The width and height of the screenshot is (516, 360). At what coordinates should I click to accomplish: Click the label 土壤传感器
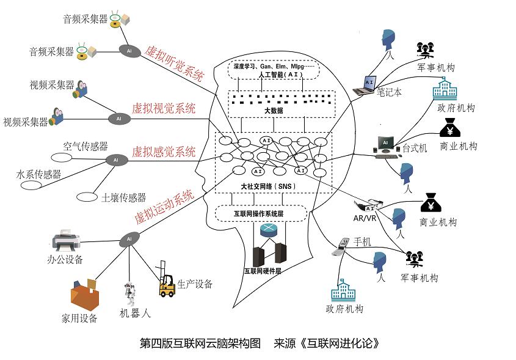click(123, 197)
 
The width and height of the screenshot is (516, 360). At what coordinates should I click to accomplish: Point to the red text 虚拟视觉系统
click(164, 109)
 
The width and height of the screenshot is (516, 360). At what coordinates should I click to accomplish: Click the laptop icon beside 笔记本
click(367, 84)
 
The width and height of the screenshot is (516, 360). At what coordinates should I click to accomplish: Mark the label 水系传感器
click(38, 174)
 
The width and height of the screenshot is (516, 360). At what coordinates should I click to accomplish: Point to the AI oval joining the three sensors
click(115, 160)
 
